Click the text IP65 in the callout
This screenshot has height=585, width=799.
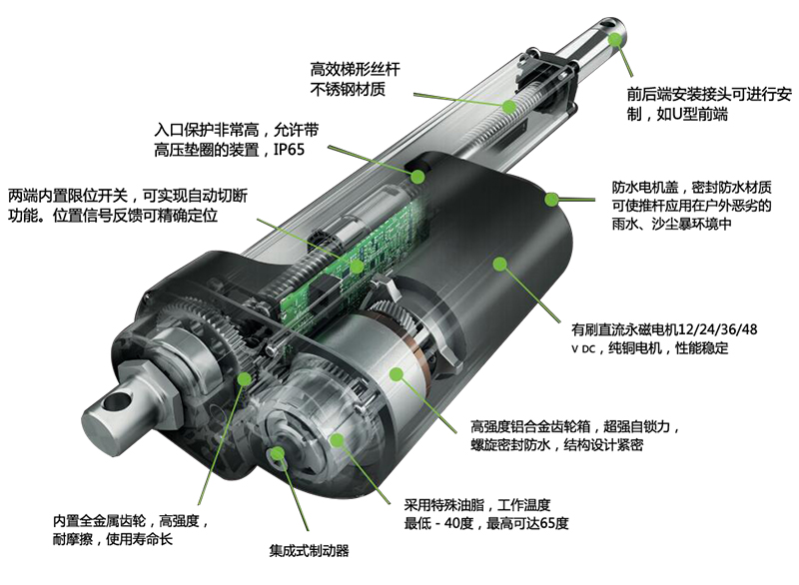(x=289, y=150)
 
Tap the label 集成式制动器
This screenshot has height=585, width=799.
(x=309, y=550)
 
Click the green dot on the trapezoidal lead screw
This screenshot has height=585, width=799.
(x=509, y=107)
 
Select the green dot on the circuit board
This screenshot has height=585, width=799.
(x=357, y=266)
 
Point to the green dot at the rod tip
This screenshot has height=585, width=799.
(x=615, y=39)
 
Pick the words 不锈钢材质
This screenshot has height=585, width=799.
(x=348, y=89)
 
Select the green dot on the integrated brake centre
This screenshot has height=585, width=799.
(x=278, y=453)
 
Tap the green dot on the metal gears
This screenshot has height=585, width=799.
(x=245, y=378)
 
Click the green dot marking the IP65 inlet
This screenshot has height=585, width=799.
(x=417, y=177)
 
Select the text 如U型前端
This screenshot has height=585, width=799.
(x=692, y=114)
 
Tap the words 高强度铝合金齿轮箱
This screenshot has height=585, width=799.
(x=530, y=426)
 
